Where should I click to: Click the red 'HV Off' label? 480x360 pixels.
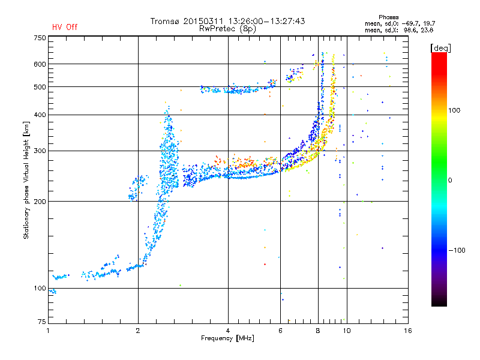pos(65,27)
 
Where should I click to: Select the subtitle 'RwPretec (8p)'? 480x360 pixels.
pos(227,29)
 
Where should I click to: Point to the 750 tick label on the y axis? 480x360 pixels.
pos(40,38)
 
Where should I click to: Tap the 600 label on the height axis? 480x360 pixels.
pos(40,64)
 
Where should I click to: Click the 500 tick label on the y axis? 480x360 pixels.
pos(40,87)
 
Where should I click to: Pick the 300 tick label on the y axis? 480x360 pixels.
pos(40,151)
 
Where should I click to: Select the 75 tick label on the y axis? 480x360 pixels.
pos(42,322)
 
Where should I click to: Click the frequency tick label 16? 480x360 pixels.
pos(408,331)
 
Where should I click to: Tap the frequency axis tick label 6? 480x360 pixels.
pos(280,331)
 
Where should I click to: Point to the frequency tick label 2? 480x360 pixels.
pos(138,331)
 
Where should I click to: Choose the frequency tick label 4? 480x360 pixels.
pos(228,331)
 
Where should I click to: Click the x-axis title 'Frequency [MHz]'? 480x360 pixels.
pos(227,338)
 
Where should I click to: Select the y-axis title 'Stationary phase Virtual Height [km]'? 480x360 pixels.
pos(26,180)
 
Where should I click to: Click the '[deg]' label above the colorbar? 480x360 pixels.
pos(440,48)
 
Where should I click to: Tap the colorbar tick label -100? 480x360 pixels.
pos(457,250)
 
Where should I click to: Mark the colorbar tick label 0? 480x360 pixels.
pos(450,180)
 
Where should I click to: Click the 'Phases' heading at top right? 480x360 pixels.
pos(388,17)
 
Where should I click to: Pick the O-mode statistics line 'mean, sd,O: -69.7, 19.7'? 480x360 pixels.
pos(400,23)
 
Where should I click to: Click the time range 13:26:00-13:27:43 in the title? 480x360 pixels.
pos(266,21)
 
